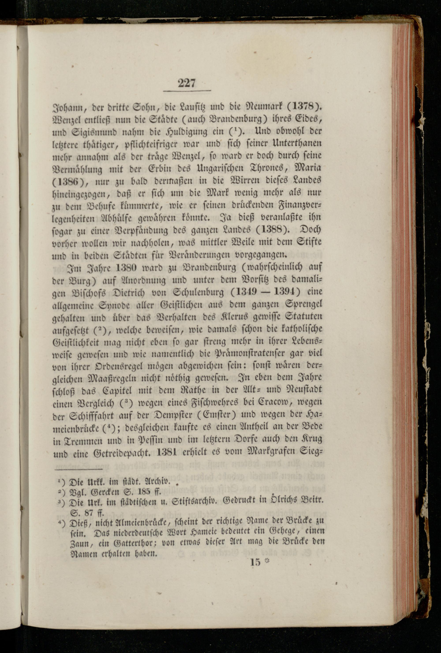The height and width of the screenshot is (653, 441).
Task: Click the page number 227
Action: pyautogui.click(x=187, y=83)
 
